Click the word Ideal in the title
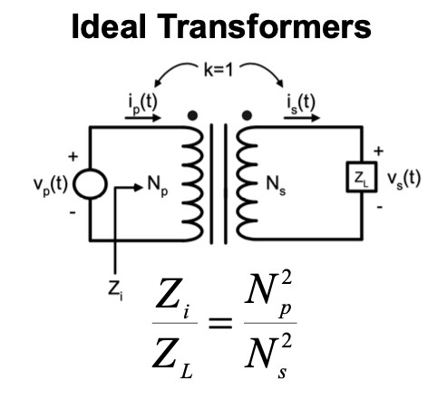pos(109,26)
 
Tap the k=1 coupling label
pos(219,70)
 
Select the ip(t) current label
pos(142,103)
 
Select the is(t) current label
pos(301,103)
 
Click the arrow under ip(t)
pos(143,118)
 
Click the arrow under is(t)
pos(302,118)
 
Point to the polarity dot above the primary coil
pos(192,115)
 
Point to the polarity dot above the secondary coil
pos(247,115)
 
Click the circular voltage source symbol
pos(91,184)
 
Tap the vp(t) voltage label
pos(50,184)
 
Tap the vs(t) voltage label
pos(404,179)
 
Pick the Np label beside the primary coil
pos(158,185)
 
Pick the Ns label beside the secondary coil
pos(276,184)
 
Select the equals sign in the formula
pos(220,323)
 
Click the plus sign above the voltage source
pos(73,156)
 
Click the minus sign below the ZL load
pos(380,207)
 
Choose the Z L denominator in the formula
pos(172,357)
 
